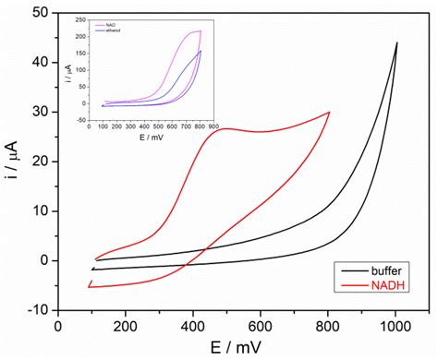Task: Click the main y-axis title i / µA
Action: pyautogui.click(x=14, y=162)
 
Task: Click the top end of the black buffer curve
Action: pyautogui.click(x=397, y=42)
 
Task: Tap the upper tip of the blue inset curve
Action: pyautogui.click(x=201, y=51)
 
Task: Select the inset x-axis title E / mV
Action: pyautogui.click(x=152, y=128)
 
